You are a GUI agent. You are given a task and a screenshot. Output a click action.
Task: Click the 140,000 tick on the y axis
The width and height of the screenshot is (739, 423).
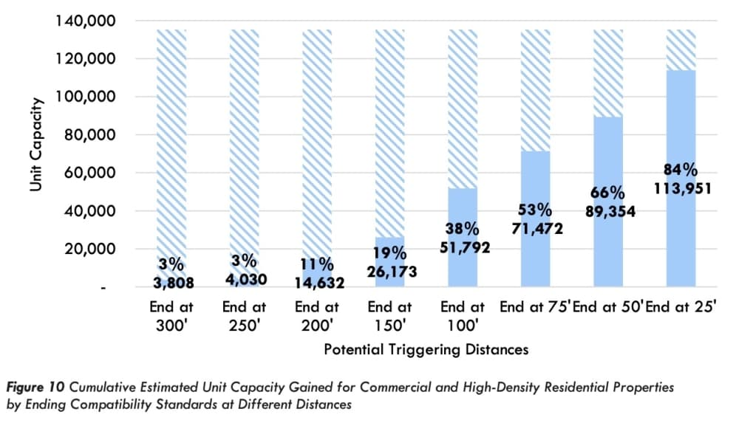pos(85,21)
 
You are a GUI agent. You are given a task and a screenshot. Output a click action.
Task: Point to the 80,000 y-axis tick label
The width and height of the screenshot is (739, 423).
pos(89,134)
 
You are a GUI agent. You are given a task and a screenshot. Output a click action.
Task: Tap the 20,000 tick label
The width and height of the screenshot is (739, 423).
pos(89,249)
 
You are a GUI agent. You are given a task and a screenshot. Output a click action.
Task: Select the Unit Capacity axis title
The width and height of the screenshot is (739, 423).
pos(35,144)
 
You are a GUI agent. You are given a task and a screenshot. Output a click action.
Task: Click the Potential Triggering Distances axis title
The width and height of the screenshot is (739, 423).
pos(426,349)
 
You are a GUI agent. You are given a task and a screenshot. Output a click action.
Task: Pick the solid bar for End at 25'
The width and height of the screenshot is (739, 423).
pos(681,179)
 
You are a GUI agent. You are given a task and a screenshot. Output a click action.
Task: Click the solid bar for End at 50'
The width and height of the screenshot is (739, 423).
pos(608,202)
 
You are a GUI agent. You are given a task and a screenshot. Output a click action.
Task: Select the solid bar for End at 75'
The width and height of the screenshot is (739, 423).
pos(535,219)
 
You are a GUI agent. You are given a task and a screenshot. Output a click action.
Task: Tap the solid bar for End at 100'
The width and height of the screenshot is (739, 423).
pos(463,238)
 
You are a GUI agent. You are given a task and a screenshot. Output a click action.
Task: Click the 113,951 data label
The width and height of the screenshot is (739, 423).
pos(682,188)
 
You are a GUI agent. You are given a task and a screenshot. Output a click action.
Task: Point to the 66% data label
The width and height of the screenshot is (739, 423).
pos(607,192)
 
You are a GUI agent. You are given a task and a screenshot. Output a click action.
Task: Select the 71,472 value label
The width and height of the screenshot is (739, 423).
pos(537,228)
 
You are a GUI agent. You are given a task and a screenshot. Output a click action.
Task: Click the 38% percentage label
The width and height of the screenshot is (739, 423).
pos(462,228)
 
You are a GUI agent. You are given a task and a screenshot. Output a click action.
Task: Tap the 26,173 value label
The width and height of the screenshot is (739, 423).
pos(392,272)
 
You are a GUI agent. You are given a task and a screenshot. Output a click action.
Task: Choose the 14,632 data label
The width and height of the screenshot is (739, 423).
pos(319,283)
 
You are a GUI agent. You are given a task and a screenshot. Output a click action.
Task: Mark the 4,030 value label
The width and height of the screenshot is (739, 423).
pos(246,279)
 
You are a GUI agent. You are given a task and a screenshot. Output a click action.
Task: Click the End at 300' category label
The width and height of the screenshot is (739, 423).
pos(171,316)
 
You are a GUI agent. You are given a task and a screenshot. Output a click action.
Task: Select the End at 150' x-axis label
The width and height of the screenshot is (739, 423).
pos(389,316)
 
